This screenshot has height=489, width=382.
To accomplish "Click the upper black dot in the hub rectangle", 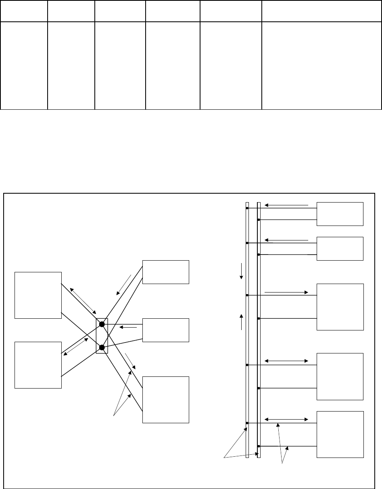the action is [x=102, y=324].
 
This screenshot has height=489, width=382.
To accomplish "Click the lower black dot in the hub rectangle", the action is [x=102, y=347].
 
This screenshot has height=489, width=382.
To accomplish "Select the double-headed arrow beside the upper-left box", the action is [x=83, y=301].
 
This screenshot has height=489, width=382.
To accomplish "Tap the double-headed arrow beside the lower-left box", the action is [x=76, y=347].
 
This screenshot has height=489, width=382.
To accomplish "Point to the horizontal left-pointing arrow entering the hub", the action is [x=129, y=327].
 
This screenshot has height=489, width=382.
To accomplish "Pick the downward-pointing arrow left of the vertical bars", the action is [x=241, y=271].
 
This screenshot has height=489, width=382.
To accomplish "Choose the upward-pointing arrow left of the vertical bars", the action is [x=242, y=322].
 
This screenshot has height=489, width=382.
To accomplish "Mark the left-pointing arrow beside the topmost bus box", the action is [x=286, y=205].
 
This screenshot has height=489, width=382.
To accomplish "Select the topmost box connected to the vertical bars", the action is [x=340, y=214].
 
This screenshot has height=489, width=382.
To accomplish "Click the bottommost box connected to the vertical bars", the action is [x=340, y=434].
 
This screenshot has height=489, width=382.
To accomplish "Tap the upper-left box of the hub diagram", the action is [x=38, y=295].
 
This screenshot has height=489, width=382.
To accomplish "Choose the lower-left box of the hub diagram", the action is [x=38, y=365].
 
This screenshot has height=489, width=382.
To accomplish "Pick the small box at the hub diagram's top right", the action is [x=166, y=272].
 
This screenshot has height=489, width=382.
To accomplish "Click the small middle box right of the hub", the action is [x=166, y=330].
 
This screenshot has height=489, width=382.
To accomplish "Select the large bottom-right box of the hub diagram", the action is [x=166, y=399].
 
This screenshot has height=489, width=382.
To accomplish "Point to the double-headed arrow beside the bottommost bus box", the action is [x=286, y=420].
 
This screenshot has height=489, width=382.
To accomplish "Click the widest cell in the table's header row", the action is [x=321, y=11].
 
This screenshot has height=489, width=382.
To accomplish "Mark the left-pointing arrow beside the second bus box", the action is [x=286, y=240].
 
